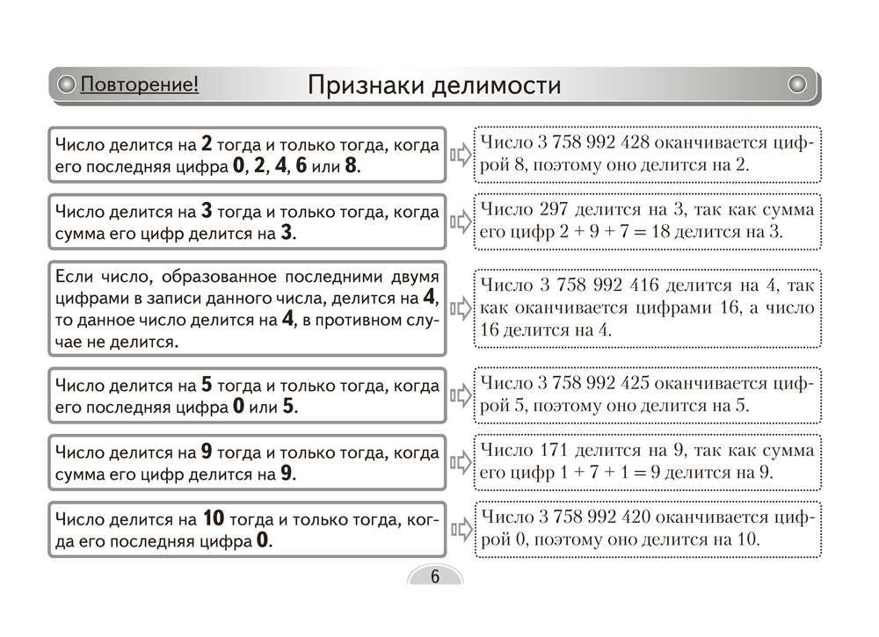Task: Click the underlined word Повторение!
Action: tap(139, 85)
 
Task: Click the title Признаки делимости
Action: tap(434, 85)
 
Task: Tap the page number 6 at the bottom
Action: tap(434, 576)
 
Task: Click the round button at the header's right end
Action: tap(797, 84)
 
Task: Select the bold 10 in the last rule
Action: tap(214, 518)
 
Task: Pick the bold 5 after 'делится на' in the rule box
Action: tap(207, 385)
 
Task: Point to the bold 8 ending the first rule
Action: tap(352, 167)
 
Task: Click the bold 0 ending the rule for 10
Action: tap(262, 541)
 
